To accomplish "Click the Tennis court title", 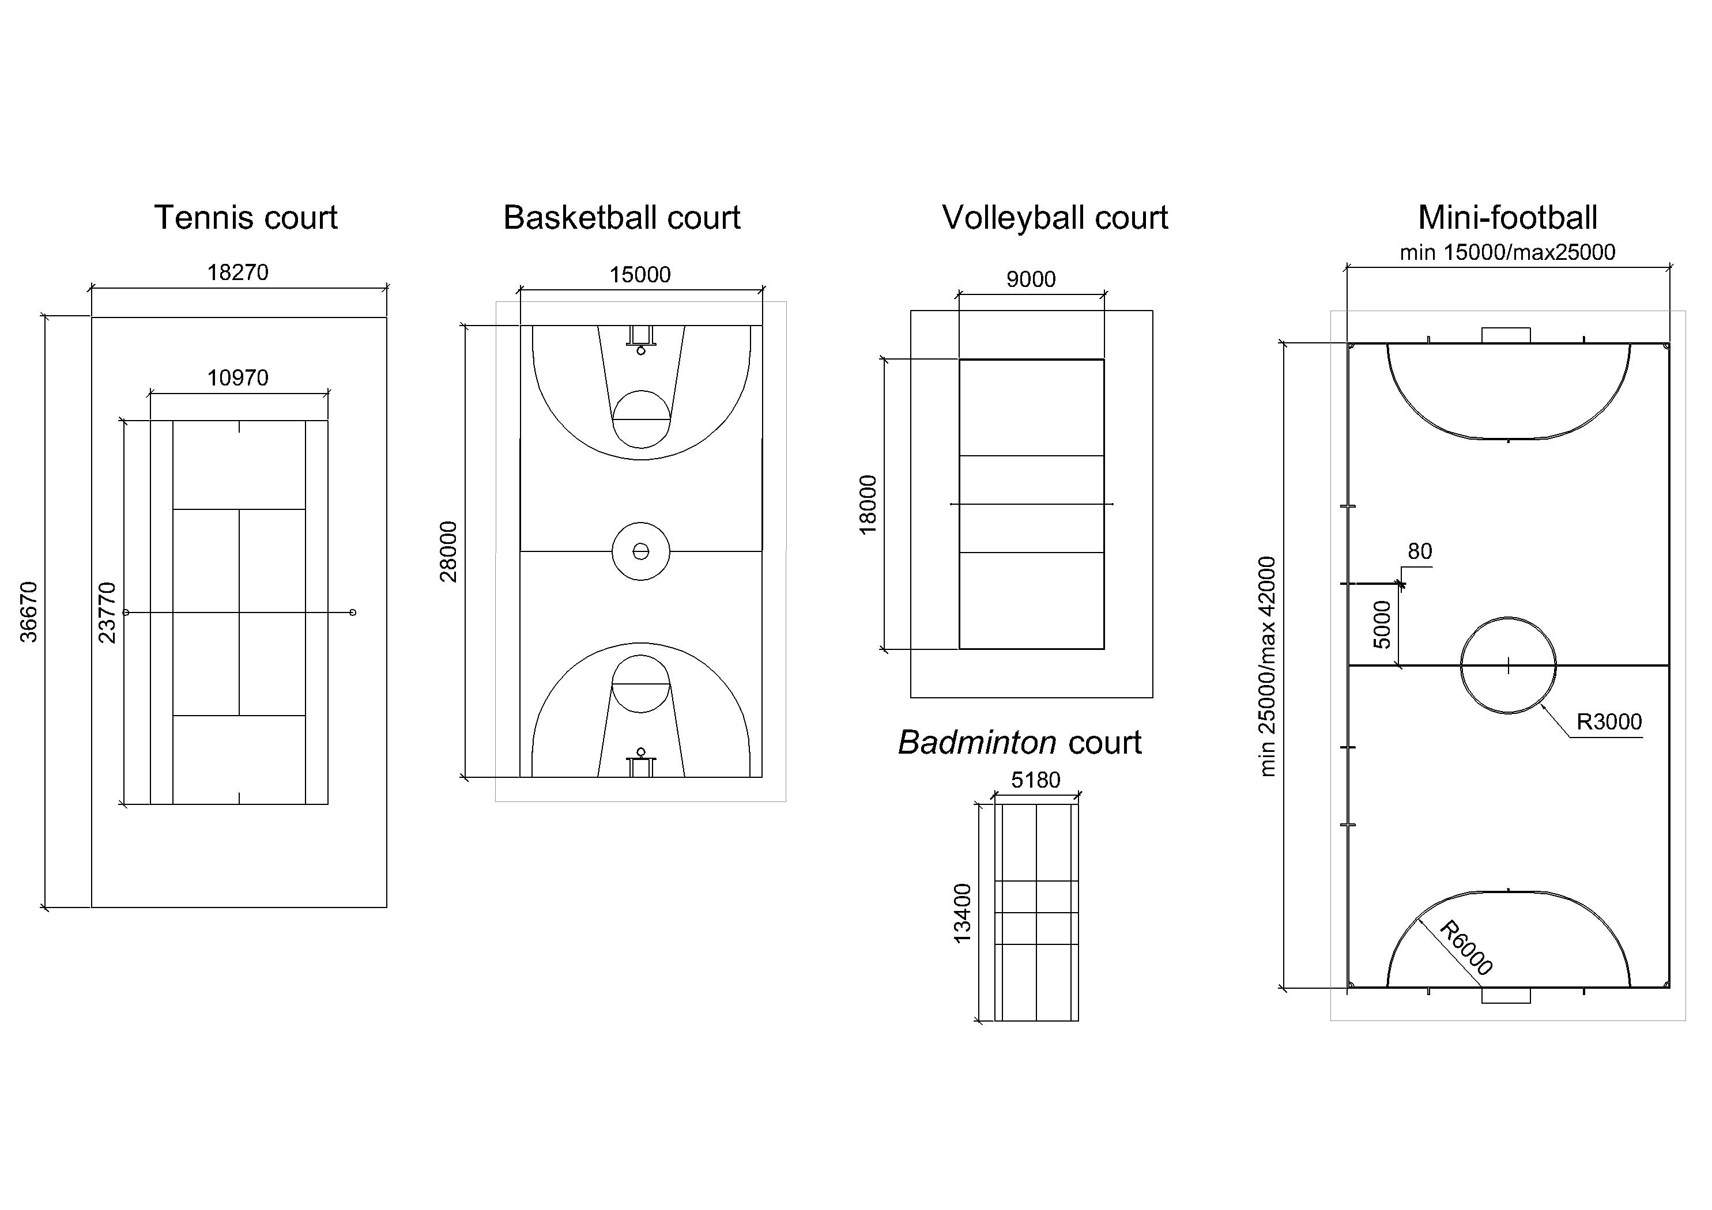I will click(x=246, y=218).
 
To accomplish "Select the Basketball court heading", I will click(x=621, y=218).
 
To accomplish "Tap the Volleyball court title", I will click(x=1054, y=218).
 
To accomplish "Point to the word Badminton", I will click(x=977, y=743).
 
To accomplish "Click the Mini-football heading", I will click(x=1507, y=218).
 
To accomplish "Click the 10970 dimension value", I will click(x=238, y=378).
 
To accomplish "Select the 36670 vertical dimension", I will click(x=28, y=611).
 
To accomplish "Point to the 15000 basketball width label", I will click(x=640, y=275).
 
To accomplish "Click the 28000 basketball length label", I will click(x=448, y=551).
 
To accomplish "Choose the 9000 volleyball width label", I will click(x=1031, y=279).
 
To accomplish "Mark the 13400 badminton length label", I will click(x=963, y=913).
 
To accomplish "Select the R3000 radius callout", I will click(x=1608, y=721).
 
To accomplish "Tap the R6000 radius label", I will click(x=1465, y=948).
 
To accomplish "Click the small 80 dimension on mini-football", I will click(x=1419, y=551).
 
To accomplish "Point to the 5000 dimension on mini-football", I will click(x=1382, y=625).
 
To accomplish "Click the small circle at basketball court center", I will click(x=640, y=551).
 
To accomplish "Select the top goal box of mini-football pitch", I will click(x=1506, y=335).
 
